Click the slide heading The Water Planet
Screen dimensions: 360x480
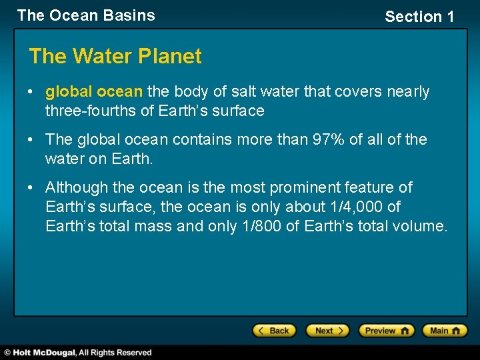tap(115, 57)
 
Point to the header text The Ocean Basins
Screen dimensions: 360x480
tap(86, 15)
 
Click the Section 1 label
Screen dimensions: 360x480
tap(419, 17)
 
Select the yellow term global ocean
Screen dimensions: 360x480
tap(94, 91)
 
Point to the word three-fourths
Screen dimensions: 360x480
tap(91, 111)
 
